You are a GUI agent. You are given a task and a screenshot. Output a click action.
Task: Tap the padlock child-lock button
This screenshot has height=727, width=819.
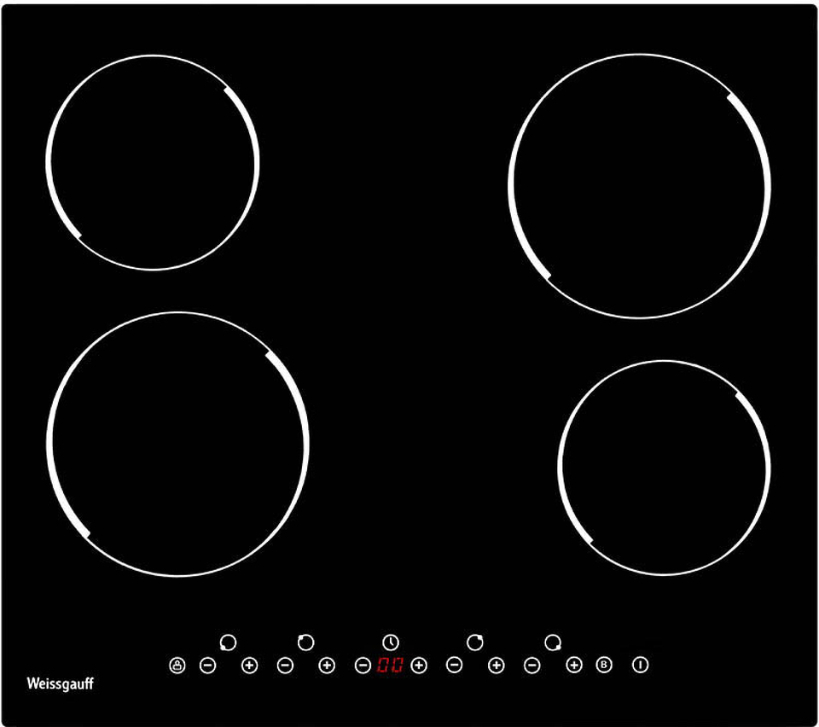point(177,666)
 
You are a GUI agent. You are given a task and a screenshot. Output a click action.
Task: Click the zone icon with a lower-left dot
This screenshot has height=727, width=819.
point(228,643)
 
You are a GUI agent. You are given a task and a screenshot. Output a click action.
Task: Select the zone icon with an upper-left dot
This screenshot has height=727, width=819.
point(305,643)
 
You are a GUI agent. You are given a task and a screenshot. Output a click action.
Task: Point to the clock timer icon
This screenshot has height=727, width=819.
point(391,643)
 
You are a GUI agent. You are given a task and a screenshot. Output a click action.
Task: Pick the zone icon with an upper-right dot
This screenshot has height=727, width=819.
point(475,643)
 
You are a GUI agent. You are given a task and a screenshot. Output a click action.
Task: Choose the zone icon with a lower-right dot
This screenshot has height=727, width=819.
point(553,643)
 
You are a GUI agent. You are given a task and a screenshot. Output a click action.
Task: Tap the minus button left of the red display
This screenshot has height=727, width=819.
point(363,666)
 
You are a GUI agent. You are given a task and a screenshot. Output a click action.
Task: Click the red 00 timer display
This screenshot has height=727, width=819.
point(390,666)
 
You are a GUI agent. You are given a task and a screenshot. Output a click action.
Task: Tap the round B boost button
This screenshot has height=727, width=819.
point(604,665)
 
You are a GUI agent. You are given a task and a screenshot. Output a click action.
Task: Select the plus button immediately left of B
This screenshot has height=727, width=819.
point(574,665)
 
